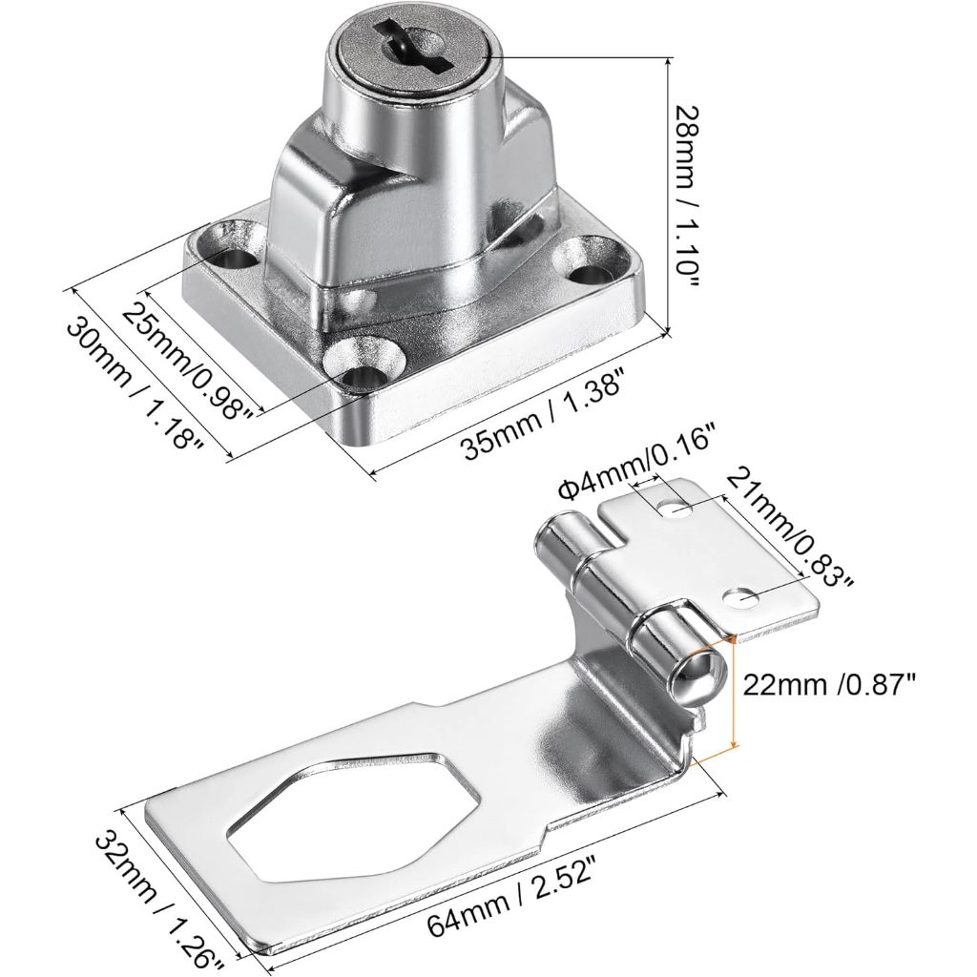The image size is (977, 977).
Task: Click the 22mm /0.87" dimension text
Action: click(x=829, y=686)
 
